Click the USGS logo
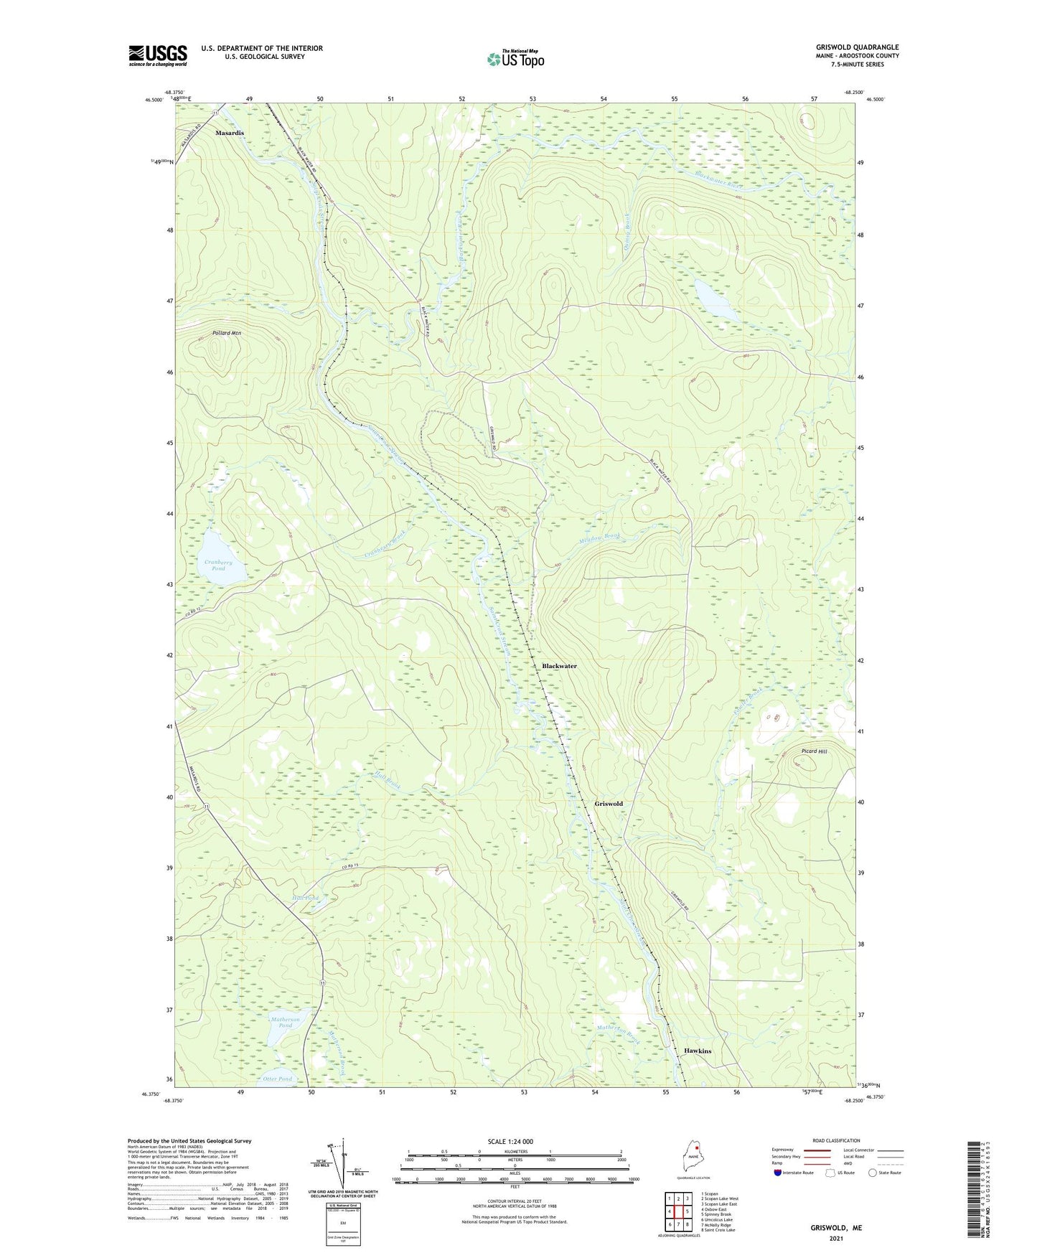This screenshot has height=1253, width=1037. click(x=157, y=55)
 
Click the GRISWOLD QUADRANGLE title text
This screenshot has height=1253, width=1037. click(x=857, y=47)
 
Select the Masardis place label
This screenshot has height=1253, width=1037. click(x=230, y=133)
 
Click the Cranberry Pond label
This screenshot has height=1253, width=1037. click(x=218, y=566)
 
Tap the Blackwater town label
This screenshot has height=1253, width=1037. click(x=559, y=666)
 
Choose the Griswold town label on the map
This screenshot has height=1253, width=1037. click(x=608, y=804)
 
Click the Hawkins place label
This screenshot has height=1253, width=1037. click(x=698, y=1051)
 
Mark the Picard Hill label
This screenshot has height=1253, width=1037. click(x=814, y=751)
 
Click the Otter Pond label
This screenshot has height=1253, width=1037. click(x=277, y=1079)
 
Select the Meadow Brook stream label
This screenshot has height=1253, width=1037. click(x=599, y=537)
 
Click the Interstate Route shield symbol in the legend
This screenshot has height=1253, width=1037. click(x=778, y=1173)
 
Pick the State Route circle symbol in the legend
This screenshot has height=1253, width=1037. click(x=872, y=1173)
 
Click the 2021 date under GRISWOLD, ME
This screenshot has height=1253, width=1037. click(x=836, y=1239)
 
